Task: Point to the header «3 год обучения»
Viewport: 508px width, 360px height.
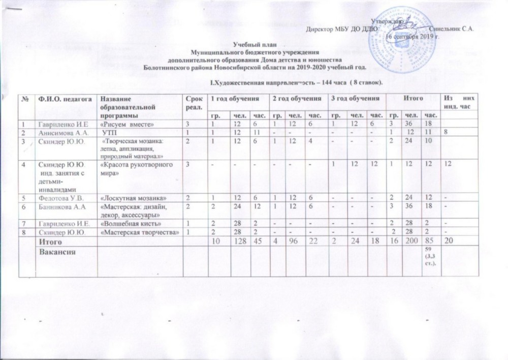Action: point(349,98)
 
